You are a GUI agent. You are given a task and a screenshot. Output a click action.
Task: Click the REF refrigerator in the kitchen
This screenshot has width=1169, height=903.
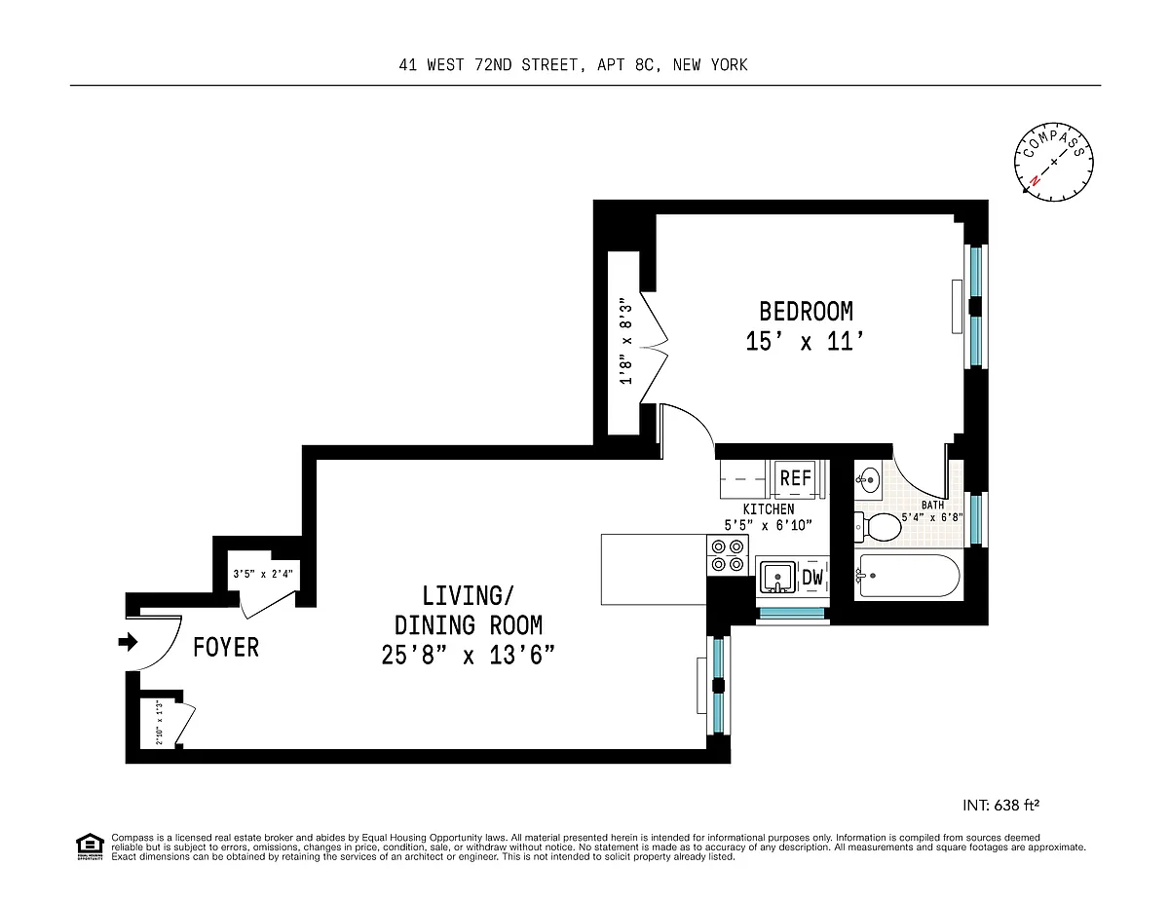click(x=796, y=478)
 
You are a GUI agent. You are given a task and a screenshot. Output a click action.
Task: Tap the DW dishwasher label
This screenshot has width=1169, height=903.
click(x=812, y=577)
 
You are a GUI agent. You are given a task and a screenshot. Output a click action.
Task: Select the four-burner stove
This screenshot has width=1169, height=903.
click(x=728, y=555)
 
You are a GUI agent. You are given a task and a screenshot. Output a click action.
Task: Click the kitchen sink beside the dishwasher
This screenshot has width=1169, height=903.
click(x=777, y=577)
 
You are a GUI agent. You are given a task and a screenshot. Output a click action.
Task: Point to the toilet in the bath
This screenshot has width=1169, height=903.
click(x=878, y=527)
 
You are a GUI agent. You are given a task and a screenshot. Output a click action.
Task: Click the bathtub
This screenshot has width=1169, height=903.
click(x=907, y=576)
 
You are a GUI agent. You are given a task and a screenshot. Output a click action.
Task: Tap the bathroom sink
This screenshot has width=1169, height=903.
click(x=868, y=478)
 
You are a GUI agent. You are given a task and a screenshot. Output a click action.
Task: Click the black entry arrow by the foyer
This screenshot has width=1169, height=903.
click(x=128, y=642)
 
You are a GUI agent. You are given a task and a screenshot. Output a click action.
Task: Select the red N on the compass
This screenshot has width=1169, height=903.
click(x=1035, y=180)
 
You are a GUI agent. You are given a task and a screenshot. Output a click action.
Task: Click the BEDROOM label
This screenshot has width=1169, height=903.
click(x=806, y=312)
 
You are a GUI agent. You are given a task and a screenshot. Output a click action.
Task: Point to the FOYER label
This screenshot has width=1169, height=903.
click(x=226, y=647)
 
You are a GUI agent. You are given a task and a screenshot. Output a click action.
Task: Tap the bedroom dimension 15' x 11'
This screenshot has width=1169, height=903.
click(x=805, y=342)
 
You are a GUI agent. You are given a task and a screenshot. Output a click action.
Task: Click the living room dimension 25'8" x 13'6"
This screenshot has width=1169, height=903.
click(x=468, y=655)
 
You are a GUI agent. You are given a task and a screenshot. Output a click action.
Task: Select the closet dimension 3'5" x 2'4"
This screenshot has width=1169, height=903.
click(x=263, y=574)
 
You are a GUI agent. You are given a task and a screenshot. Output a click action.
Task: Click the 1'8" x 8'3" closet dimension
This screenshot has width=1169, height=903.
click(x=625, y=341)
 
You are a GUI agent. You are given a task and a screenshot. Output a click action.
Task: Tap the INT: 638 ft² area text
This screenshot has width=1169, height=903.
click(x=1000, y=806)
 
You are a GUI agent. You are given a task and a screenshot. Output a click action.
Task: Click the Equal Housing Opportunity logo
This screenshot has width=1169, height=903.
click(x=90, y=847)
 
